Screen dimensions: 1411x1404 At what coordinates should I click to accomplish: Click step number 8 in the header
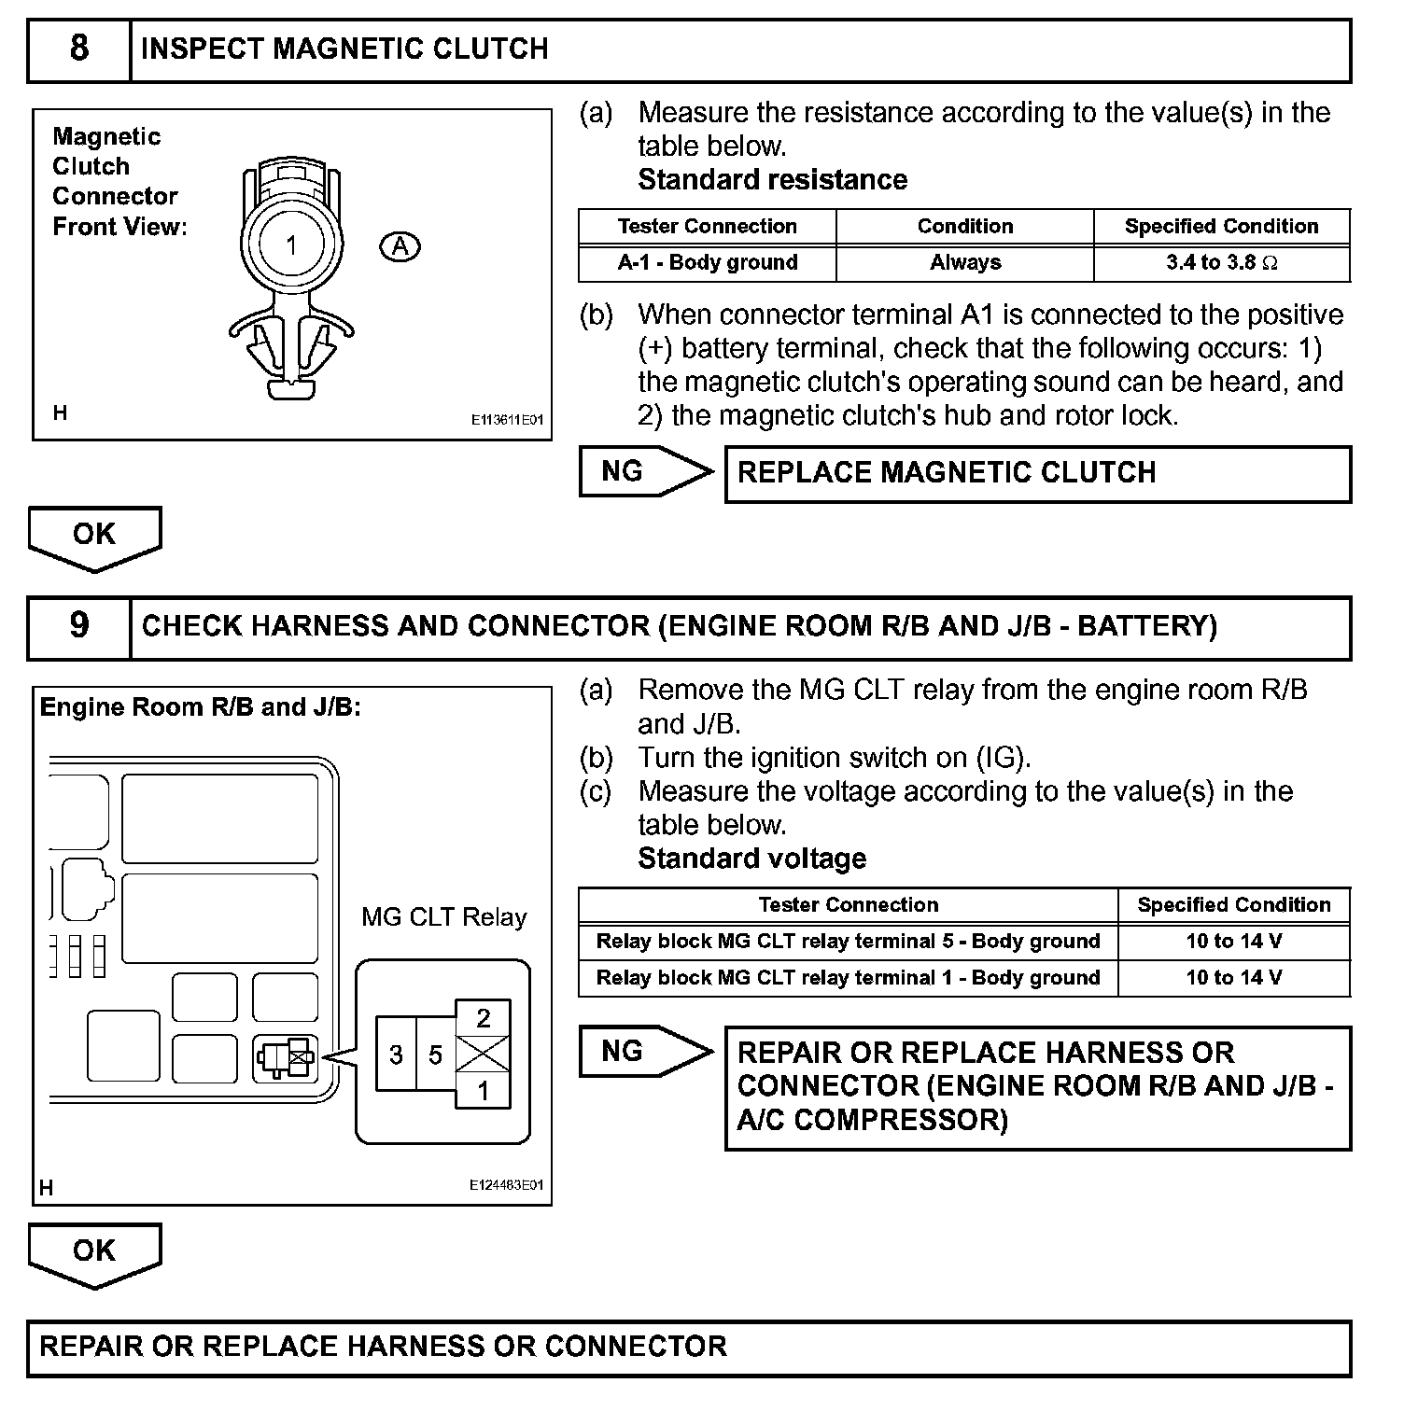coord(79,49)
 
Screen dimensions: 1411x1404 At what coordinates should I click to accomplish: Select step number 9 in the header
coord(79,626)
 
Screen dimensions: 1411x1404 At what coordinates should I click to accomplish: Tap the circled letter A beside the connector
coord(400,246)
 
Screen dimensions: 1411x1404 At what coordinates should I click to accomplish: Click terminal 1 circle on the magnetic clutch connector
coord(291,245)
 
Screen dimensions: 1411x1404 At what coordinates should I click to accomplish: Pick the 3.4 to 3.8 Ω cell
coord(1221,263)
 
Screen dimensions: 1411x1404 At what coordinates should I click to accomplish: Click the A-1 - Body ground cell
coord(708,263)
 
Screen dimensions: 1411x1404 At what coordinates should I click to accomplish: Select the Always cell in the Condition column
coord(964,263)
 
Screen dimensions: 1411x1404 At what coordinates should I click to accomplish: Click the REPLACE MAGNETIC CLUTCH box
coord(1037,473)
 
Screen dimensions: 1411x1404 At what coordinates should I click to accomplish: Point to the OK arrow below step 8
coord(94,538)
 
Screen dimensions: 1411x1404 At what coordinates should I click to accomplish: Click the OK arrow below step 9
coord(94,1254)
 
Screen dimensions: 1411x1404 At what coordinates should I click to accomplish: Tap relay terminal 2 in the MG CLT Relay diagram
coord(483,1018)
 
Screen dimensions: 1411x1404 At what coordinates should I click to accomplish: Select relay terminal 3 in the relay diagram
coord(396,1055)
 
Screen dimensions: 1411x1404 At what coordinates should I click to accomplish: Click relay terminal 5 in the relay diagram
coord(435,1055)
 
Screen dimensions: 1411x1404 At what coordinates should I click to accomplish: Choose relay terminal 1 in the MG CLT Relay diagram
coord(483,1090)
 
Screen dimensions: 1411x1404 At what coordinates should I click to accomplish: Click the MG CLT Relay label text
coord(443,917)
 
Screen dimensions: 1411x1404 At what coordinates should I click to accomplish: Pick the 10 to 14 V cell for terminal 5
coord(1233,942)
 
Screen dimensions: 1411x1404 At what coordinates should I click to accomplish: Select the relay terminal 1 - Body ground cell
coord(848,978)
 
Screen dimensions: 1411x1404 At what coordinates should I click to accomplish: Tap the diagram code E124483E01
coord(506,1185)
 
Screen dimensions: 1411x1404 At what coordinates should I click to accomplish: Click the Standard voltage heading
coord(751,859)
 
